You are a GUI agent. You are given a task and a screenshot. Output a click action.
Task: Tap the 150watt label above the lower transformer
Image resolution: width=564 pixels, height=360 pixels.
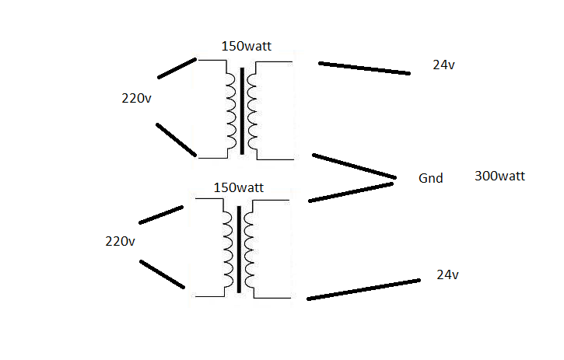click(x=238, y=187)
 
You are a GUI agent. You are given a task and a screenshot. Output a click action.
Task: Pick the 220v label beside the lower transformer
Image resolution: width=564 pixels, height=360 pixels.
click(x=120, y=241)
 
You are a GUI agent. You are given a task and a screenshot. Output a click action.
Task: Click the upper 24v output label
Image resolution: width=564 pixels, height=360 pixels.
click(x=443, y=65)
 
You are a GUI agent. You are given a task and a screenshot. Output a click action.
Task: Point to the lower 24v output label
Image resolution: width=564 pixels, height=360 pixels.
click(x=447, y=274)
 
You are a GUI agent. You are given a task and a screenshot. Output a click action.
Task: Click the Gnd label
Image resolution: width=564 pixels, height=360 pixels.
click(x=430, y=178)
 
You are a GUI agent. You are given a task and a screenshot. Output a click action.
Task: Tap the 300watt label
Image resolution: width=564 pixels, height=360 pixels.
click(x=499, y=177)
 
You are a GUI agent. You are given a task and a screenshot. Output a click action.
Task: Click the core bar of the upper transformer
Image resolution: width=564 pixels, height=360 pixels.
click(x=242, y=110)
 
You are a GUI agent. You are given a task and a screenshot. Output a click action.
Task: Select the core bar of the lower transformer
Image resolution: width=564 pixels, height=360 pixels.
click(x=238, y=250)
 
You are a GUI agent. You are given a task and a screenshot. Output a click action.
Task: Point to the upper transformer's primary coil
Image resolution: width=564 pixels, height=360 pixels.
click(x=231, y=110)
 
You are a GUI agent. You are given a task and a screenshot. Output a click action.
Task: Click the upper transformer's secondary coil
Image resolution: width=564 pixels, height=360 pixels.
click(x=253, y=110)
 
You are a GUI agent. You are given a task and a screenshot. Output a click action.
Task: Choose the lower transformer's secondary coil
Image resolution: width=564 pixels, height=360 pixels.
click(x=248, y=250)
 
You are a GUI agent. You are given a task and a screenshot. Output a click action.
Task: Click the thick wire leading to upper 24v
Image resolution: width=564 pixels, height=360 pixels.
click(x=364, y=68)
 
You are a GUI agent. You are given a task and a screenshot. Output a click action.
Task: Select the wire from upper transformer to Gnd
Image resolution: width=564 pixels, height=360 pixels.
click(x=354, y=166)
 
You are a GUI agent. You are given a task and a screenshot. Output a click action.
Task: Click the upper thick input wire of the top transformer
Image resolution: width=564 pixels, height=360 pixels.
click(x=177, y=68)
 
